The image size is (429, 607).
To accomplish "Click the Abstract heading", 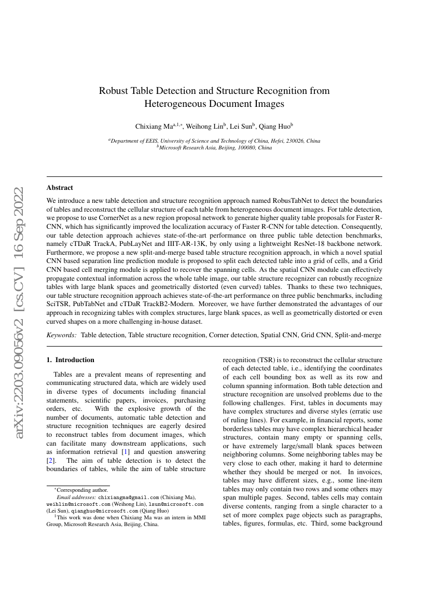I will (60, 188).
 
